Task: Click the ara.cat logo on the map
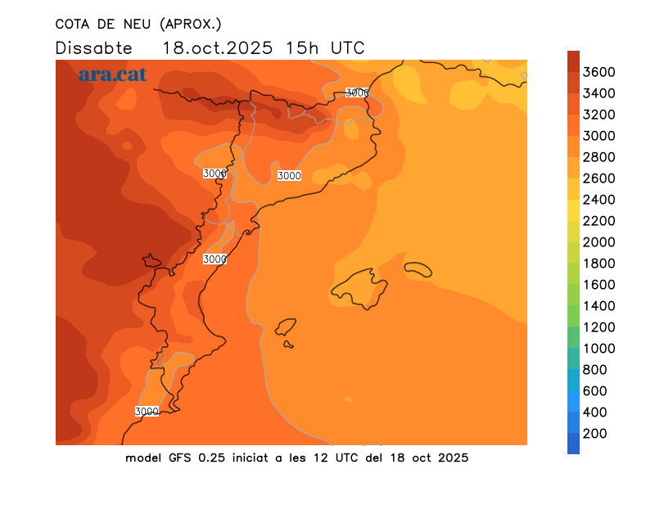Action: pos(113,74)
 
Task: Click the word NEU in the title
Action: pos(139,23)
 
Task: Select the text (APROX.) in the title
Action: pos(192,23)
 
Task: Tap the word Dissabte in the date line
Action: pos(93,47)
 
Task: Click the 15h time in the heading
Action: pos(302,47)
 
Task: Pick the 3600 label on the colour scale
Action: pos(600,72)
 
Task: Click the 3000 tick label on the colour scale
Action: pos(600,136)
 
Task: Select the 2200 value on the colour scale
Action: pos(600,221)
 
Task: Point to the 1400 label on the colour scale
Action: pos(600,306)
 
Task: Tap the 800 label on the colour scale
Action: pos(595,370)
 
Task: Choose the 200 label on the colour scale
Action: pos(595,434)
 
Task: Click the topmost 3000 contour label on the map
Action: pos(357,92)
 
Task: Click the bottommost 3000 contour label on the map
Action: pos(147,411)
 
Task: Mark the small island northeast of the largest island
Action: pos(418,268)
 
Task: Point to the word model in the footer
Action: pos(143,458)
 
